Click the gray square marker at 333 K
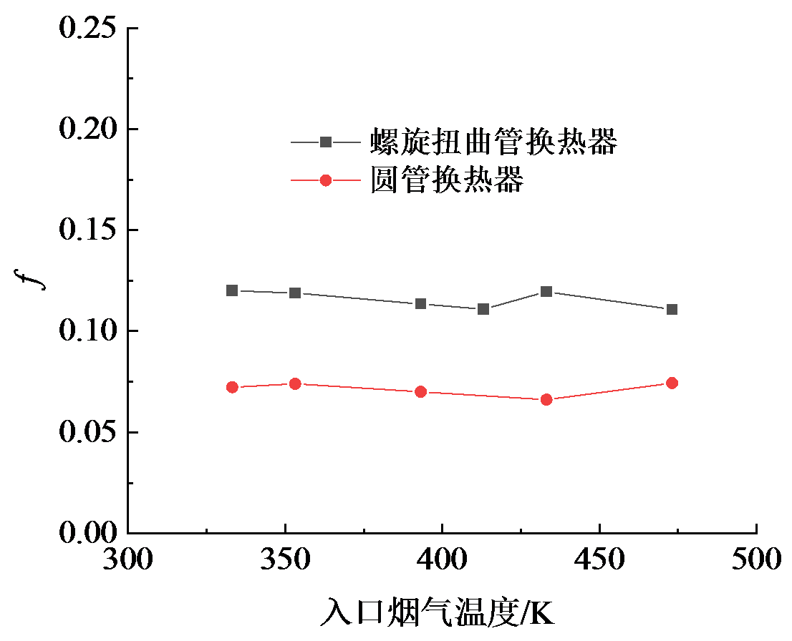[x=232, y=290]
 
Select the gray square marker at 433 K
[x=546, y=291]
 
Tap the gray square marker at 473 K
[x=672, y=309]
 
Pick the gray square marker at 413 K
[x=483, y=309]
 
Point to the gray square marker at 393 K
[x=421, y=303]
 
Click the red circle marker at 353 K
[x=295, y=384]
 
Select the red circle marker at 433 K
[x=546, y=399]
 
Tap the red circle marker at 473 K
[x=672, y=383]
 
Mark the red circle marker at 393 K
[x=421, y=391]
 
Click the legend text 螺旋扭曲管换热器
[x=493, y=142]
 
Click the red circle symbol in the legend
[x=326, y=180]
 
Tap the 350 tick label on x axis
[x=286, y=558]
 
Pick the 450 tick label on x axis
[x=599, y=558]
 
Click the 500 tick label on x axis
[x=756, y=558]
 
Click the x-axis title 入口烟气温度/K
[x=438, y=614]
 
